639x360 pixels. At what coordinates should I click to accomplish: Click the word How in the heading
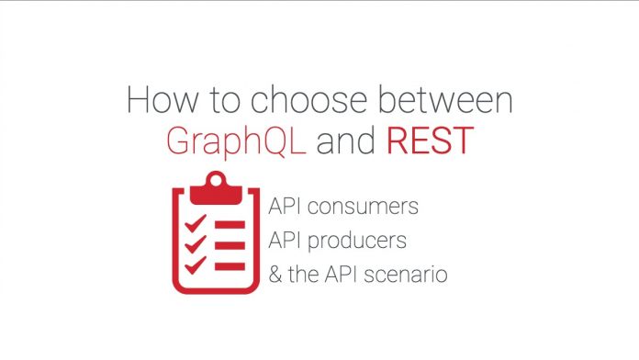click(x=155, y=100)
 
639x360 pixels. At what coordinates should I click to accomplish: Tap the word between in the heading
click(x=440, y=100)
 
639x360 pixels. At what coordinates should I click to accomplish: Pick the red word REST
click(x=430, y=141)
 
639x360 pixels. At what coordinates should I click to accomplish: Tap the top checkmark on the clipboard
click(x=196, y=223)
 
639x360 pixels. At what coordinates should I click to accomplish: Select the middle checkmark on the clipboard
click(x=196, y=244)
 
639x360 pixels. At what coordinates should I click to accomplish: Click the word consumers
click(x=364, y=208)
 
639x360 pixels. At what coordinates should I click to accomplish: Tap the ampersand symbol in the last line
click(x=275, y=275)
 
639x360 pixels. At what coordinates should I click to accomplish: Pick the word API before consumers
click(x=286, y=208)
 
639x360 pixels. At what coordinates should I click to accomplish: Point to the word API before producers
click(x=286, y=241)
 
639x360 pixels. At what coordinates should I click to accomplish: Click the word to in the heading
click(x=214, y=100)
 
